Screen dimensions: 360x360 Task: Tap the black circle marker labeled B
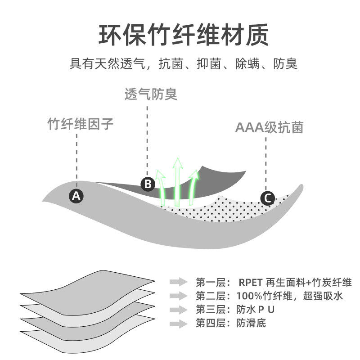[x=148, y=184]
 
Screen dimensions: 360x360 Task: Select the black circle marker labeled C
[x=268, y=198]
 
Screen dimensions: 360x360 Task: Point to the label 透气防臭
[x=151, y=94]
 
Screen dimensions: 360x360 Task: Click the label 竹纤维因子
[x=81, y=124]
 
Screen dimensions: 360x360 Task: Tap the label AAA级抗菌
[x=270, y=128]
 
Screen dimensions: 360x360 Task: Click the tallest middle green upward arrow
[x=178, y=180]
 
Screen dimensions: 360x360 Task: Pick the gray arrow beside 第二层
[x=178, y=296]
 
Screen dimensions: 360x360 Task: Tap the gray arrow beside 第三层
[x=178, y=310]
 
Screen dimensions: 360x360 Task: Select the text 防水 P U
[x=254, y=310]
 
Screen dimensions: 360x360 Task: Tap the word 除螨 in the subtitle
[x=247, y=63]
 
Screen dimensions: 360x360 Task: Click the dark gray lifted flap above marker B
[x=216, y=178]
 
